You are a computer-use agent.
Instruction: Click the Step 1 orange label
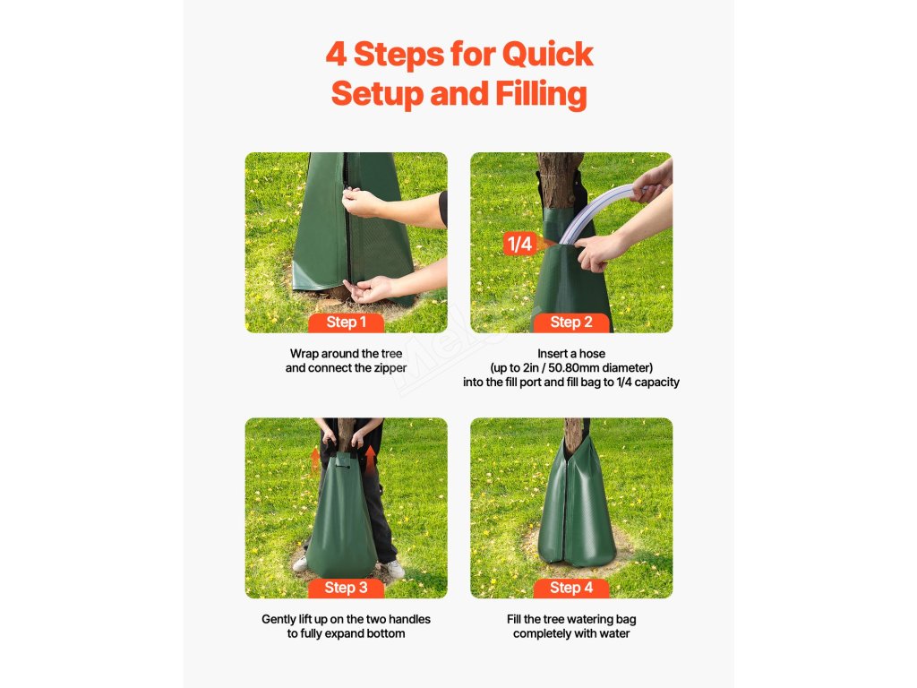click(347, 322)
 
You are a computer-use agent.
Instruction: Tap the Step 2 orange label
click(571, 322)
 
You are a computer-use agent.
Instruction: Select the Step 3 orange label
click(347, 588)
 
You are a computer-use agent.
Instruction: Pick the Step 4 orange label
click(571, 588)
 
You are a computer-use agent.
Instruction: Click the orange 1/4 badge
click(519, 244)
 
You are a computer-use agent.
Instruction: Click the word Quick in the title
click(547, 55)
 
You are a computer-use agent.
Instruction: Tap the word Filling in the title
click(541, 94)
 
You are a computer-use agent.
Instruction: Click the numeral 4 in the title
click(337, 54)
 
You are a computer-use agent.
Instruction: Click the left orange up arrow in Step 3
click(315, 459)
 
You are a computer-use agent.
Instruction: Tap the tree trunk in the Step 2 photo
click(560, 179)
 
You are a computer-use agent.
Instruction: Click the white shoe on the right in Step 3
click(393, 569)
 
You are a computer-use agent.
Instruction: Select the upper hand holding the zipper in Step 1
click(362, 202)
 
